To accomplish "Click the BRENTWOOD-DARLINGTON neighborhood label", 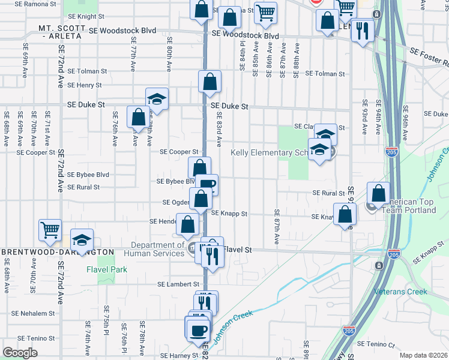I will click(57, 251).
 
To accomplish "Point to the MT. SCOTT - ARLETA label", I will click(61, 32).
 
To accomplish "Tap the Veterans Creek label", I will click(400, 292).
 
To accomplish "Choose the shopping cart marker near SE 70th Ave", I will click(50, 229).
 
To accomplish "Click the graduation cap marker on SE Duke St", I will click(157, 98).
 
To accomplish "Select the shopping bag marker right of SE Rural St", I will click(378, 193).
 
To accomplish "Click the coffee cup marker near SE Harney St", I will click(197, 330).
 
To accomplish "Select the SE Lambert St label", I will click(178, 284).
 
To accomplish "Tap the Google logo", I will click(20, 353).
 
